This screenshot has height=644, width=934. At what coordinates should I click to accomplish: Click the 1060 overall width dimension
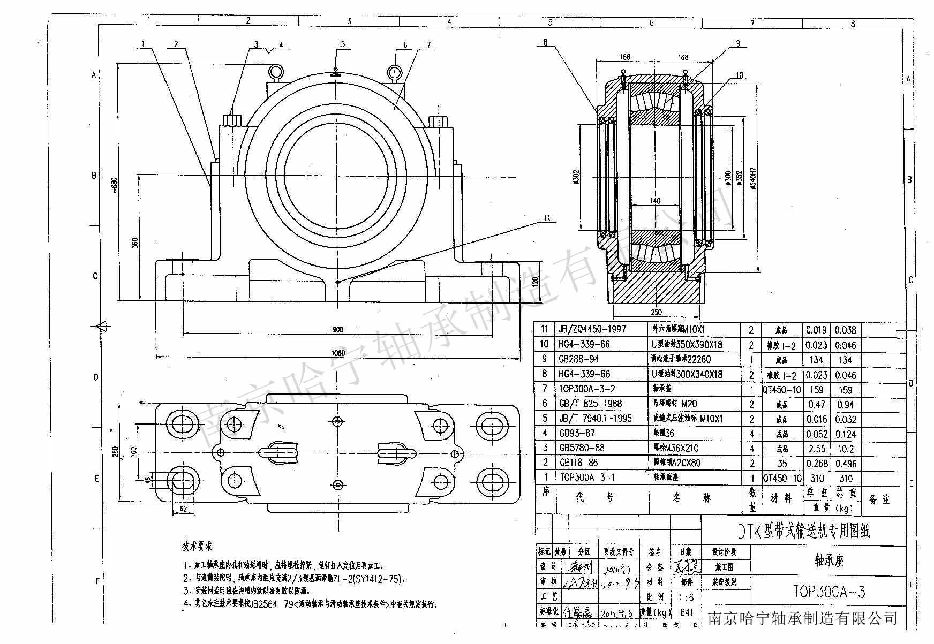pos(338,352)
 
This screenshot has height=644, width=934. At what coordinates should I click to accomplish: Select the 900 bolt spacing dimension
pos(337,330)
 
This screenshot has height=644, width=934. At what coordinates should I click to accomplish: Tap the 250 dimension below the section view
pos(656,313)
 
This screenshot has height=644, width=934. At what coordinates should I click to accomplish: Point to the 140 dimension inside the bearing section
pos(654,201)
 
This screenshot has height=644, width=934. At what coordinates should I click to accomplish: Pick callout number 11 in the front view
pos(547,218)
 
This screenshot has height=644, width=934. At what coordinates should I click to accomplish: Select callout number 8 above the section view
pos(545,42)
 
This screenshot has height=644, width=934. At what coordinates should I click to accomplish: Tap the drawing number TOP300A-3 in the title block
pos(828,592)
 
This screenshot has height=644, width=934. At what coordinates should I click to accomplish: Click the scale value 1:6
pos(686,597)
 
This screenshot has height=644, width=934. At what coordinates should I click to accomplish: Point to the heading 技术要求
pos(197,547)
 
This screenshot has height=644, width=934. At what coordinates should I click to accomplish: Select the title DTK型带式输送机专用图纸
pos(803,531)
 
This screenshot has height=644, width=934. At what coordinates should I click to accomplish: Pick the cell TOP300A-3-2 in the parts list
pos(587,389)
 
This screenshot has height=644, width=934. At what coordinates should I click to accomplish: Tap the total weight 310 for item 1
pos(845,478)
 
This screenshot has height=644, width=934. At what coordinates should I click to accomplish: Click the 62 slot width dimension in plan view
pos(183,509)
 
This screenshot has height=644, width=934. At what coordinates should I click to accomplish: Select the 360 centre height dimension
pos(135,243)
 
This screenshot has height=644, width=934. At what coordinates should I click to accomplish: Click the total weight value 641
pos(686,612)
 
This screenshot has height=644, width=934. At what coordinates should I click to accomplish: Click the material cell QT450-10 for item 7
pos(782,390)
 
